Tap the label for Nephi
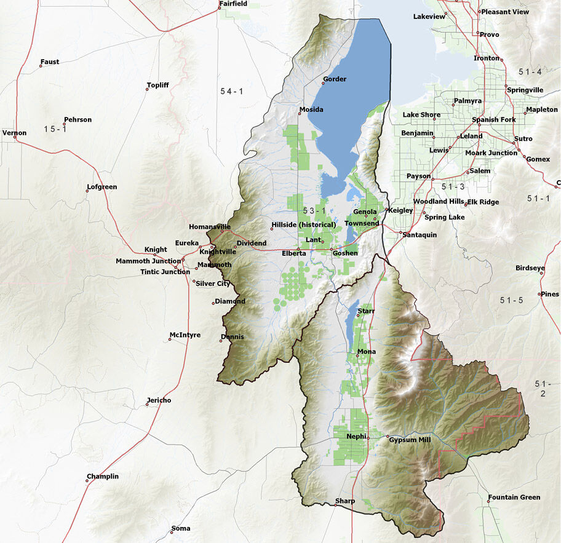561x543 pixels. [356, 436]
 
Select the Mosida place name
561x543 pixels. [311, 110]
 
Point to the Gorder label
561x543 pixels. [335, 79]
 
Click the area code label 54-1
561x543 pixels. [232, 91]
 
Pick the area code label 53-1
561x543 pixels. [314, 211]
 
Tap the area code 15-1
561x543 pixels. [55, 129]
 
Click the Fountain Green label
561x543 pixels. [514, 497]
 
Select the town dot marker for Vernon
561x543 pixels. [15, 138]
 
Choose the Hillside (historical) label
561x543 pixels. [304, 224]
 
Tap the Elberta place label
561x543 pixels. [294, 253]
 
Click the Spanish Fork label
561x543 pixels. [493, 119]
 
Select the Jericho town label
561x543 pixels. [159, 400]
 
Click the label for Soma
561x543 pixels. [181, 528]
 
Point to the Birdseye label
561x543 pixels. [530, 268]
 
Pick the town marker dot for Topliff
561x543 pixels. [147, 90]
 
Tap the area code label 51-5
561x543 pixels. [511, 300]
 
